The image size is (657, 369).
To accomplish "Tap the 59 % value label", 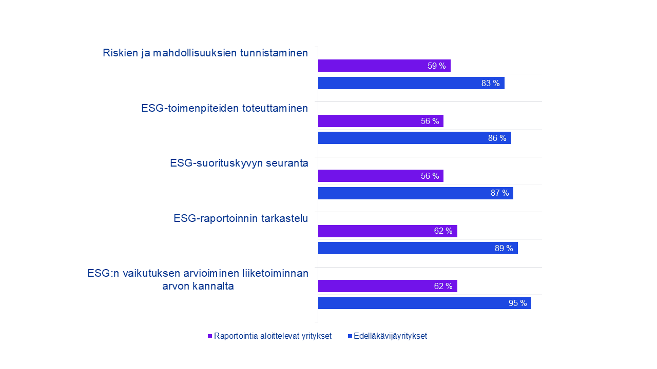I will click(436, 66).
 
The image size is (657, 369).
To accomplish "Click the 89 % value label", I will click(504, 248).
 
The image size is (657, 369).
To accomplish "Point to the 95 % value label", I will click(517, 303).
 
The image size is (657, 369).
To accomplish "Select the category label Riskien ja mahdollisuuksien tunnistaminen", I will click(205, 53).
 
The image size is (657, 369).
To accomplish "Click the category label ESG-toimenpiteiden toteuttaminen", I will click(224, 108).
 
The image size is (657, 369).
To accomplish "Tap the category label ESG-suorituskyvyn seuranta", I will click(239, 163).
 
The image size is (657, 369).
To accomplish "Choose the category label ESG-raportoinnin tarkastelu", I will click(241, 218).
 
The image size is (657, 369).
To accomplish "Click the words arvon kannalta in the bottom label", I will click(198, 286).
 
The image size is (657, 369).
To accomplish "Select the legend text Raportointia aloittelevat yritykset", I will click(273, 336).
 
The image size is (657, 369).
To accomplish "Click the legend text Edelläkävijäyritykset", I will click(390, 336).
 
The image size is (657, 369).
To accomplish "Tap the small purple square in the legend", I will click(210, 336).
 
